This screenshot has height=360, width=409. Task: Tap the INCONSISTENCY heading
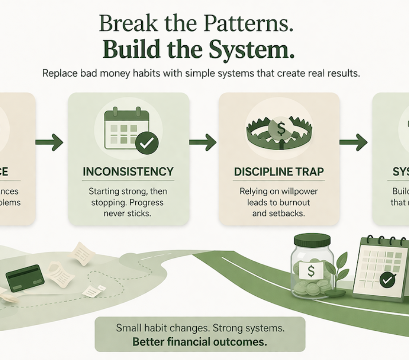128,172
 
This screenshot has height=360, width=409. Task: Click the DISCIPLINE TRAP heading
279,172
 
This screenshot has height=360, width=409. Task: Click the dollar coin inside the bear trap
281,129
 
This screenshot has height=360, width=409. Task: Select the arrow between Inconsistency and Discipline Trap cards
203,143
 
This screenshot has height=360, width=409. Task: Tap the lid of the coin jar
312,240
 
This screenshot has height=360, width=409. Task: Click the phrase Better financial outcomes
200,342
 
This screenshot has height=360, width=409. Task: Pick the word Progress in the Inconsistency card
146,202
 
